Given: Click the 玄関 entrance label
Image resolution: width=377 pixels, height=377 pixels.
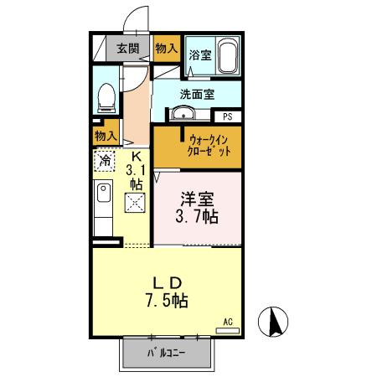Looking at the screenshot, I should pos(127,49).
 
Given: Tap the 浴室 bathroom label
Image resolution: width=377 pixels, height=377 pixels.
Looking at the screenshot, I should pos(199,56).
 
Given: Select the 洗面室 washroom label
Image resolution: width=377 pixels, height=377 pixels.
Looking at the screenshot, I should pos(198,93).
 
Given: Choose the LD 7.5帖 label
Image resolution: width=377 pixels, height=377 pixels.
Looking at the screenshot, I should pos(168,290).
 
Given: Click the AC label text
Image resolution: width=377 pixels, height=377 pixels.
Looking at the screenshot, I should pos(227,321).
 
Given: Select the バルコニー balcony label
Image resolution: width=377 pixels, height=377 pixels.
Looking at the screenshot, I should pos(168,353).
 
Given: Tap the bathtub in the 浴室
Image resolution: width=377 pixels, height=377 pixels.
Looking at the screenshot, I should pos(226,57).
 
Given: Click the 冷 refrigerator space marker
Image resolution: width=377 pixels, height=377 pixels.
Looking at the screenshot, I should pos(106,158).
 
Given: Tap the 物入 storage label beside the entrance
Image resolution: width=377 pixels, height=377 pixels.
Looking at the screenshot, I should pos(166,49).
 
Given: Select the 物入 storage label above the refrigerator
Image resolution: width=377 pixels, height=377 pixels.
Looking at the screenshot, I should pos(105,135).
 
